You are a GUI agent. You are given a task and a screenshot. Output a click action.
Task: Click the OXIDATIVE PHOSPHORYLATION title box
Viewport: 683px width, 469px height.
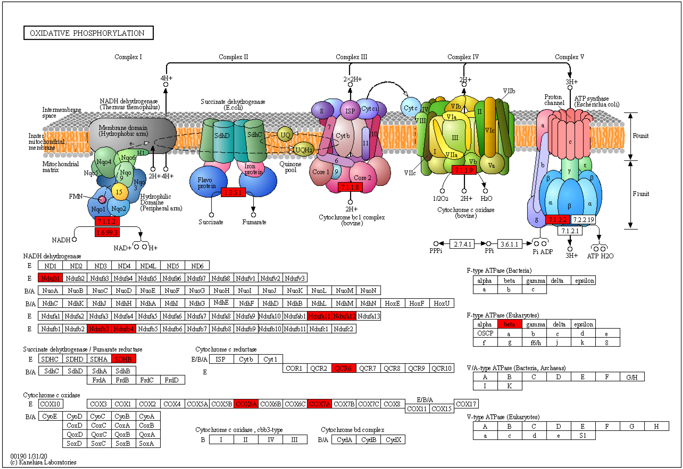(88, 33)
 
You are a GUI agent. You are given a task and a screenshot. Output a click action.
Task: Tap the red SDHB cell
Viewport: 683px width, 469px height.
(123, 359)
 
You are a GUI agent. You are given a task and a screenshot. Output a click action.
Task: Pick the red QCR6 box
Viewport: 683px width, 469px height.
(343, 368)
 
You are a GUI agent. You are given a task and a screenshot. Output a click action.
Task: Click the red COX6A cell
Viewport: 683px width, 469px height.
(246, 404)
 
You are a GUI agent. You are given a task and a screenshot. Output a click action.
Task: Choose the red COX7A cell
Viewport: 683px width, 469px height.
(320, 404)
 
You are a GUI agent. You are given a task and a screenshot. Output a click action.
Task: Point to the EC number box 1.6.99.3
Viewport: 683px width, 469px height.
(107, 232)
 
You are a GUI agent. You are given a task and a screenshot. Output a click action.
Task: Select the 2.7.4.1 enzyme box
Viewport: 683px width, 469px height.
(462, 244)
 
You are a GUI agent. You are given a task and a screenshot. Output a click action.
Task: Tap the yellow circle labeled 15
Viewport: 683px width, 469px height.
(119, 192)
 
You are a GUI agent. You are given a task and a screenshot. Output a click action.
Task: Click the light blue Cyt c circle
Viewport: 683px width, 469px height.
(411, 108)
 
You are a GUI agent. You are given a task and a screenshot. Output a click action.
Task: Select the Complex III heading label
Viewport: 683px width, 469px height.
(351, 57)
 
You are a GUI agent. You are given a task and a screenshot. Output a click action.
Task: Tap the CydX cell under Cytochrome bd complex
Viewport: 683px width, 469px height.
(393, 440)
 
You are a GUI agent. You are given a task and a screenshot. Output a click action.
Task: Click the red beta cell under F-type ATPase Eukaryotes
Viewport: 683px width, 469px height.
(509, 324)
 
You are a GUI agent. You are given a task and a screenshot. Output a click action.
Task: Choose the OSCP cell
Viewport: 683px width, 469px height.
(485, 333)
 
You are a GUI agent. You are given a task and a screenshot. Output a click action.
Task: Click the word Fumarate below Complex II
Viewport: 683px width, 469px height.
(254, 222)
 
